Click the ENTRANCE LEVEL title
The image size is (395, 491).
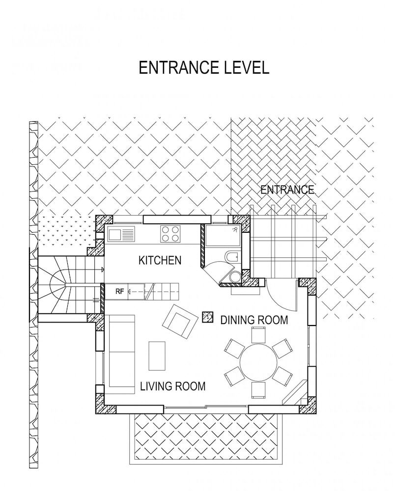204,68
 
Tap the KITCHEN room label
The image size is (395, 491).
160,260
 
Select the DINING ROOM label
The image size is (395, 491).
254,320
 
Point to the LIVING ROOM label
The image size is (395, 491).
172,386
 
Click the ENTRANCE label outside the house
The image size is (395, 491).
287,190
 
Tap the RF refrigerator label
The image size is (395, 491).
119,292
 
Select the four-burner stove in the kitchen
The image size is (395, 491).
170,234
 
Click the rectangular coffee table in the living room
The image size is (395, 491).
157,355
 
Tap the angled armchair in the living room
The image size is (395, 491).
180,322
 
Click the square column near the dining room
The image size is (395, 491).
207,317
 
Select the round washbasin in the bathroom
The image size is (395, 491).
235,276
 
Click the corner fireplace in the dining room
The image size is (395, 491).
295,392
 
